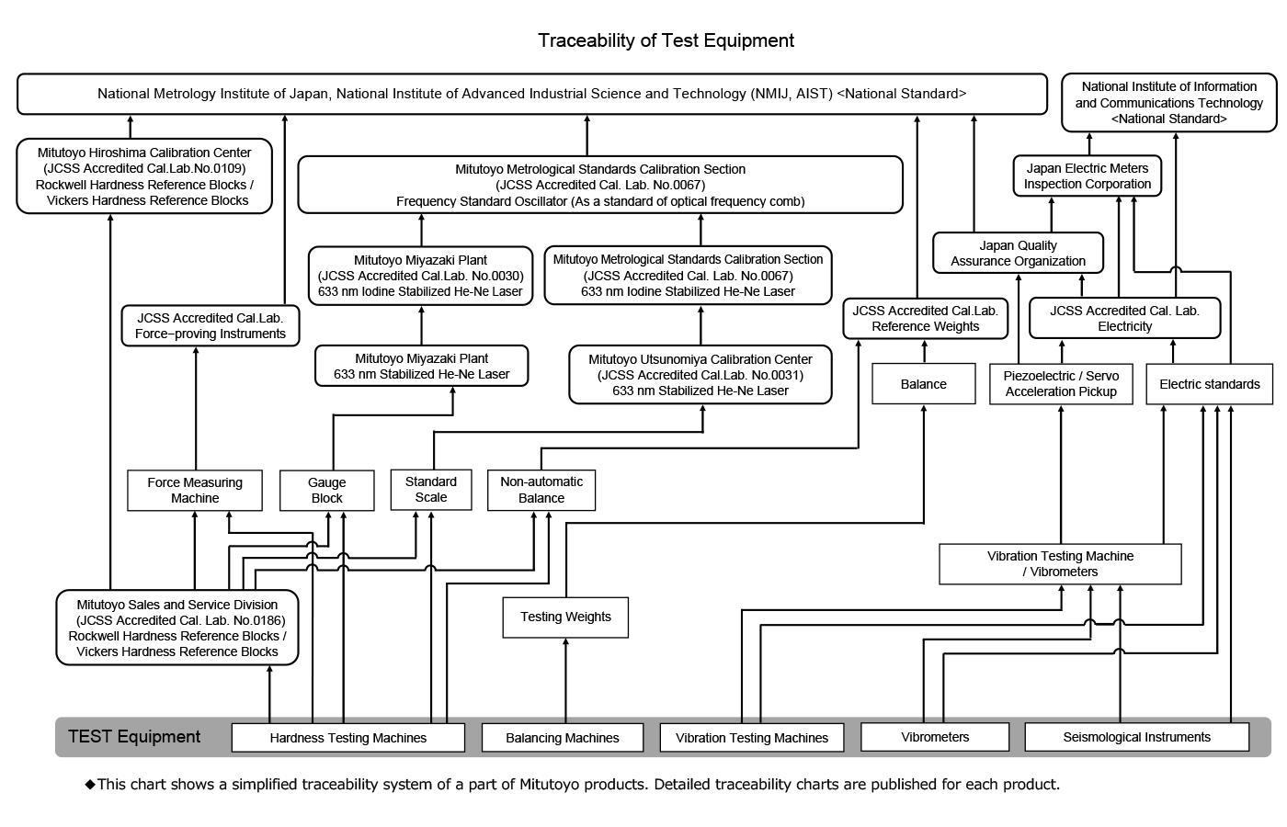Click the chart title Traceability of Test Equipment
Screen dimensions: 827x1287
[666, 40]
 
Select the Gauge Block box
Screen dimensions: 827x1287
[326, 490]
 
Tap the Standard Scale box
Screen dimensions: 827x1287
[430, 489]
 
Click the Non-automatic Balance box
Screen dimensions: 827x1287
[541, 490]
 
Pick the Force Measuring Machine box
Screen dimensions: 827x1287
[195, 490]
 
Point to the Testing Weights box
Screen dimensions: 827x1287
[565, 617]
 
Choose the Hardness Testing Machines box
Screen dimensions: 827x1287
[347, 737]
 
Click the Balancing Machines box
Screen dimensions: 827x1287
[563, 737]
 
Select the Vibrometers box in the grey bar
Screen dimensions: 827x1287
[935, 736]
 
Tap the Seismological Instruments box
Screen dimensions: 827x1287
[1136, 736]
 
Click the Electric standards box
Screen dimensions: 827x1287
[1209, 384]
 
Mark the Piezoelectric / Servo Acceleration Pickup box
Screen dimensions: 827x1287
[1061, 384]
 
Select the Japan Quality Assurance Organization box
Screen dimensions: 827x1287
[1018, 253]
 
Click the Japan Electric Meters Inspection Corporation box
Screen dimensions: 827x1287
[1088, 176]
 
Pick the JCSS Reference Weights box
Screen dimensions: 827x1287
[925, 318]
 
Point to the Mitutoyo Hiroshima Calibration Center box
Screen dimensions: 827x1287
[144, 176]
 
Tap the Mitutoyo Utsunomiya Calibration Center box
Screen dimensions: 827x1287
[700, 374]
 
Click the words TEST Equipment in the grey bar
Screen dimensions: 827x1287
[134, 737]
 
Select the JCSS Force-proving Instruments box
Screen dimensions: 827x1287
[210, 325]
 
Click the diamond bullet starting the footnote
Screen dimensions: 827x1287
[90, 784]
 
